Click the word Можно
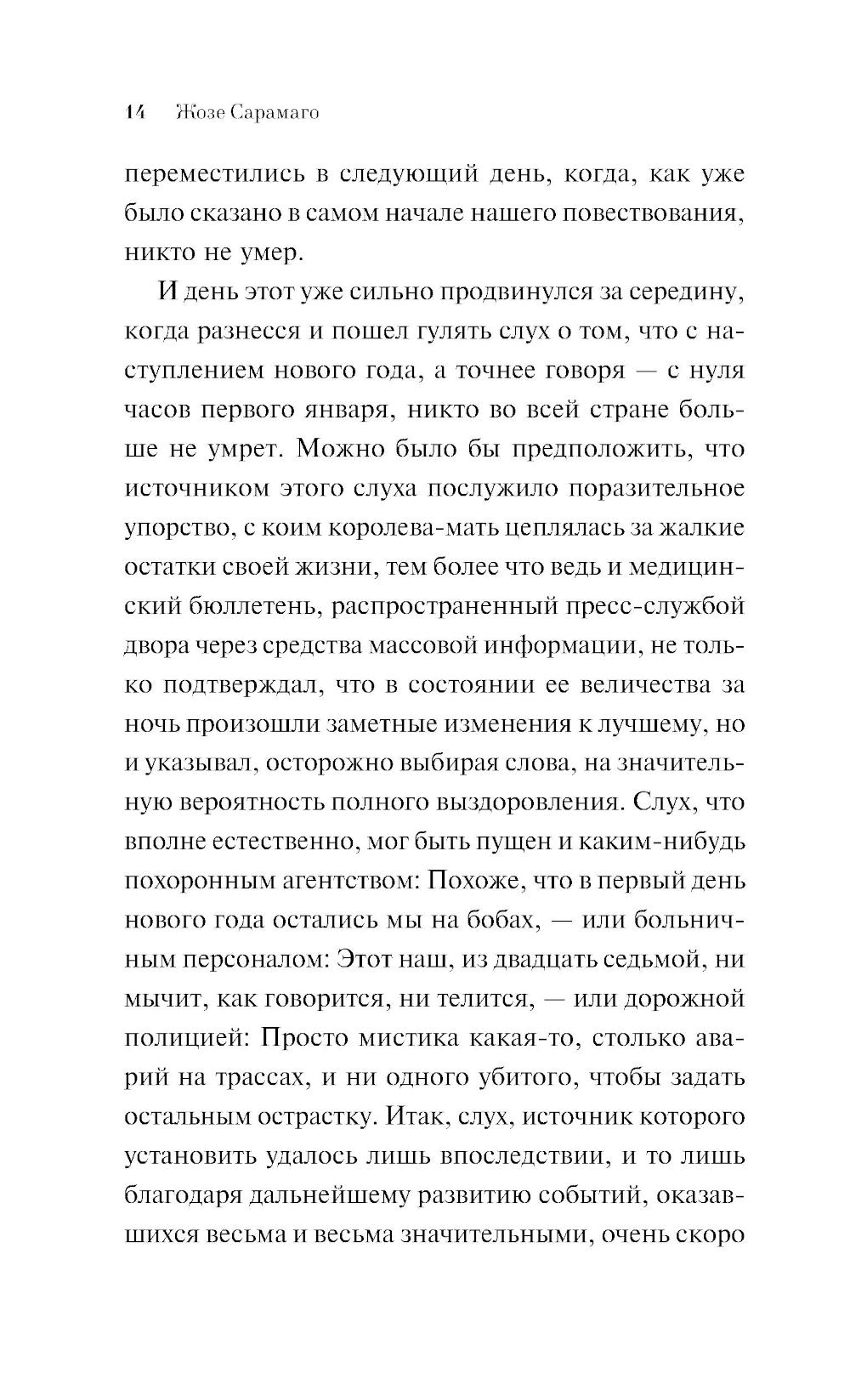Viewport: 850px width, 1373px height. [347, 448]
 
